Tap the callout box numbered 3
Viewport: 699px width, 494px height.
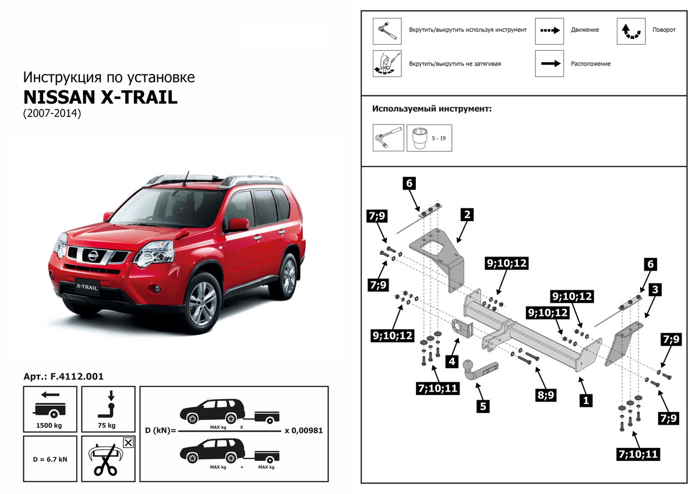pos(655,289)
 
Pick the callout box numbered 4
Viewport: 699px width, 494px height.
pos(451,361)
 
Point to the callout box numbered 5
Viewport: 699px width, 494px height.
pos(483,406)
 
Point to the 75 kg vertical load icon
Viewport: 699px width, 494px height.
pos(108,408)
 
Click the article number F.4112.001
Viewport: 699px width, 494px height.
pos(63,376)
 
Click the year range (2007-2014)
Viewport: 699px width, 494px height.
pos(51,113)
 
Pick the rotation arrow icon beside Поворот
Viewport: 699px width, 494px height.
pos(631,31)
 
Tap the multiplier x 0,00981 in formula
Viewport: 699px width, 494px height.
pos(303,431)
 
